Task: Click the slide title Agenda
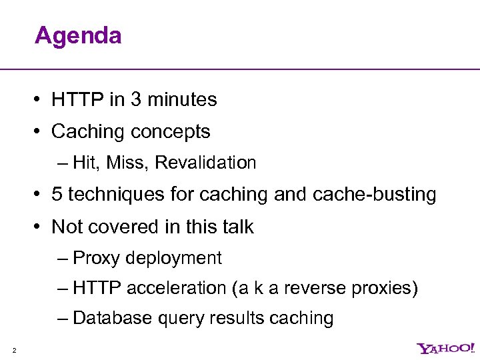click(x=78, y=35)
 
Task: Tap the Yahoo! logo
click(x=446, y=348)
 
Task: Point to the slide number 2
click(x=14, y=349)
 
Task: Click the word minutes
click(x=182, y=100)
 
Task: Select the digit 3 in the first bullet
click(x=136, y=100)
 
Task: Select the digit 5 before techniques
click(x=57, y=195)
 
